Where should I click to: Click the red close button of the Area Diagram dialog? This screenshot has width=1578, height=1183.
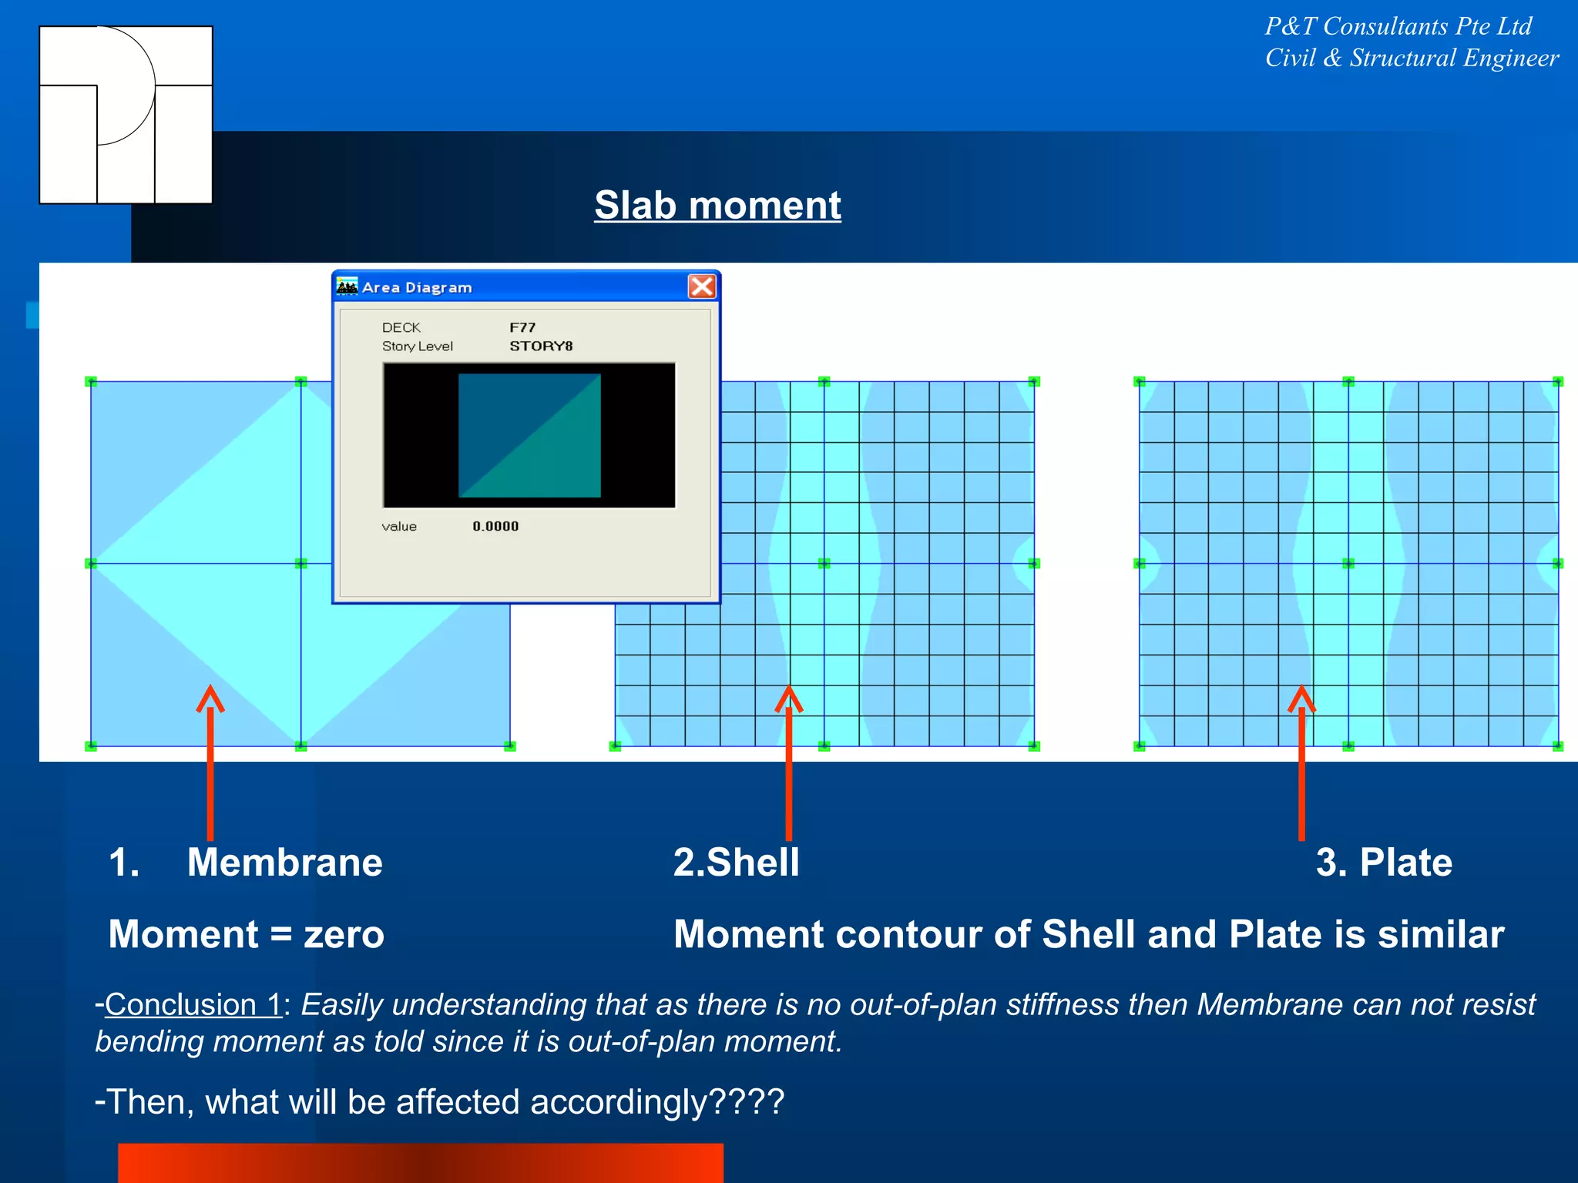(x=701, y=287)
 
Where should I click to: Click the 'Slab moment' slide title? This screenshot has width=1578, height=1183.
(x=717, y=206)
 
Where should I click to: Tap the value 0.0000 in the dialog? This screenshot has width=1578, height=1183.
(x=495, y=526)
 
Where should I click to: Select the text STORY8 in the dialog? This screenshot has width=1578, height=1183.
(x=541, y=346)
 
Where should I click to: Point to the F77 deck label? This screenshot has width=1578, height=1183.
(x=522, y=327)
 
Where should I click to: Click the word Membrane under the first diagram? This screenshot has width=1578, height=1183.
(x=284, y=862)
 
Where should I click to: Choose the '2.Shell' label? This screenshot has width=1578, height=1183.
(x=736, y=862)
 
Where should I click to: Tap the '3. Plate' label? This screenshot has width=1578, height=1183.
(x=1384, y=862)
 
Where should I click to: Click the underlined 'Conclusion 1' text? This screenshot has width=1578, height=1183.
(x=193, y=1004)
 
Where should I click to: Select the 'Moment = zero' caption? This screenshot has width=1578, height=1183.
(x=246, y=934)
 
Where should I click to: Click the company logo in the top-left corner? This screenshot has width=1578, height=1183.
(x=126, y=115)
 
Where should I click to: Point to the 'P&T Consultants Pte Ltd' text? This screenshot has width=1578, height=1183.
(x=1398, y=26)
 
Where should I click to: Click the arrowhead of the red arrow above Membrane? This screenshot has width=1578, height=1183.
(x=210, y=698)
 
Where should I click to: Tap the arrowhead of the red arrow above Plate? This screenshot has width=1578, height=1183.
(x=1301, y=698)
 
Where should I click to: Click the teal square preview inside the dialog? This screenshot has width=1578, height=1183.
(x=529, y=435)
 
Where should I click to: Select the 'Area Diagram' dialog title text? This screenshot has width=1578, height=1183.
(x=417, y=287)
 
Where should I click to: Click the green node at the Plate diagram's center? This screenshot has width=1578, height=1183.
(x=1348, y=564)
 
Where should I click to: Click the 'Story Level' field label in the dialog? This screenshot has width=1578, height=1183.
(x=417, y=346)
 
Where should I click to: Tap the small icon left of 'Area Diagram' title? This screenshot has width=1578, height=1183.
(x=347, y=287)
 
